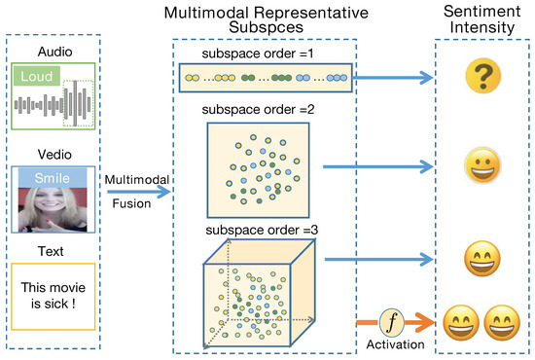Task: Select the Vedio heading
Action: click(x=53, y=153)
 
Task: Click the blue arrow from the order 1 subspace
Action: click(x=390, y=75)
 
